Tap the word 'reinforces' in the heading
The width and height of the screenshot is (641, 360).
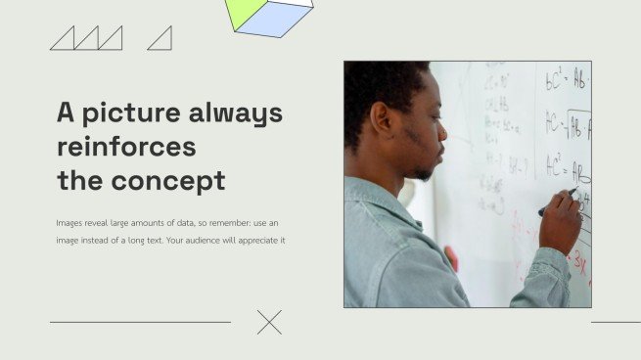click(x=126, y=147)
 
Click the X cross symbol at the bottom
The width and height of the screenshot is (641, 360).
click(x=269, y=322)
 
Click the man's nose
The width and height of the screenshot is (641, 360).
click(x=442, y=132)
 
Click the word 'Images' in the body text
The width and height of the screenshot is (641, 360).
click(x=69, y=223)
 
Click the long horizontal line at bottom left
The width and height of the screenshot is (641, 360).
click(x=140, y=322)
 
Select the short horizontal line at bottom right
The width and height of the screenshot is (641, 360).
click(x=616, y=322)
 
